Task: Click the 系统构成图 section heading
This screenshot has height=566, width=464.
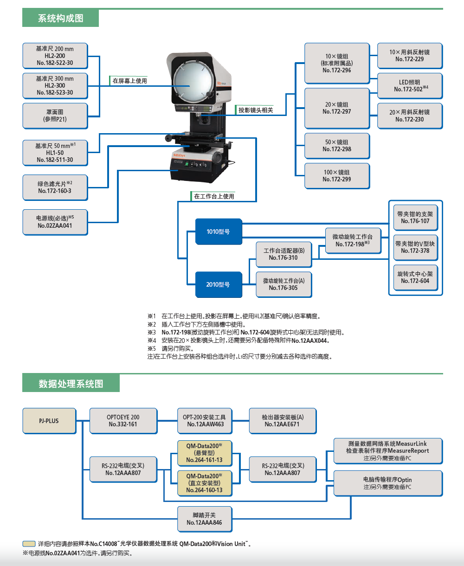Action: click(x=60, y=19)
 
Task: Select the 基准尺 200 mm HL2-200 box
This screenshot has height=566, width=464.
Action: click(x=55, y=56)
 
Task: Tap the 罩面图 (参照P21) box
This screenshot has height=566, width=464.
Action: click(x=55, y=116)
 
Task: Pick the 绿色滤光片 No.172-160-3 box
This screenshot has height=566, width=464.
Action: click(x=55, y=187)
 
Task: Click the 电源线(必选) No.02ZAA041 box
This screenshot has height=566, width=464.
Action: click(x=55, y=222)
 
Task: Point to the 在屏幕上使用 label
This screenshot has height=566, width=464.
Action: click(x=129, y=81)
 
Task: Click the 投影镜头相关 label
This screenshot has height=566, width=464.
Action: click(x=256, y=110)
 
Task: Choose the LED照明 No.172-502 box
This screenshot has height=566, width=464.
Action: click(x=410, y=86)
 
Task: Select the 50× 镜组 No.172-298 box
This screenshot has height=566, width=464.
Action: click(x=337, y=146)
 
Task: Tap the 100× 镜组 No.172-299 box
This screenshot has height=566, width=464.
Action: click(x=337, y=176)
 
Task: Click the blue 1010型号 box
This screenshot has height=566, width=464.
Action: click(x=218, y=232)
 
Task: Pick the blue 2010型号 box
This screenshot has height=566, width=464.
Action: click(x=218, y=284)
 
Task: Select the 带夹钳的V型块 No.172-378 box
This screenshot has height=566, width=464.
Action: click(x=415, y=247)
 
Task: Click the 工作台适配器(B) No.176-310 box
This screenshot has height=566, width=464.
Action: click(x=284, y=254)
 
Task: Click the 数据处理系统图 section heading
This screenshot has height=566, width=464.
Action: click(x=71, y=384)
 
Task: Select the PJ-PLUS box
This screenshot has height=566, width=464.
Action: click(x=49, y=421)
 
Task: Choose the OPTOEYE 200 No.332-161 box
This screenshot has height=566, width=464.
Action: click(x=123, y=421)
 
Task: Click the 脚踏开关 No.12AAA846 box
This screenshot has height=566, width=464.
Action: click(x=204, y=519)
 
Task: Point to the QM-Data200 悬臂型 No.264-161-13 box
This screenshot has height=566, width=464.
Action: click(x=204, y=453)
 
